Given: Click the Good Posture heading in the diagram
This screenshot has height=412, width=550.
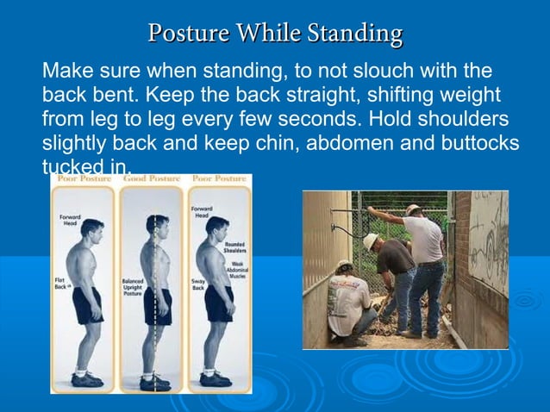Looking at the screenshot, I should tap(152, 178).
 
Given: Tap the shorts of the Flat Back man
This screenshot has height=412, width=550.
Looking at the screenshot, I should tap(87, 306).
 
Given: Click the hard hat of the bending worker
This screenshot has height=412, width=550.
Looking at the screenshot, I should tap(371, 240).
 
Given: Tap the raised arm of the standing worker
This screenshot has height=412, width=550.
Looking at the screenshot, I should tap(388, 215).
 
